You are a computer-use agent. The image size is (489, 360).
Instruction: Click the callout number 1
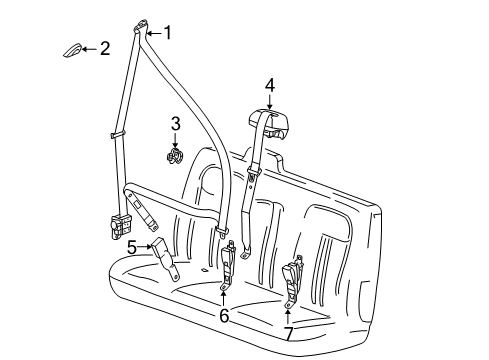point(167,33)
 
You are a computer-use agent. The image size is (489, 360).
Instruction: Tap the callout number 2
point(104,48)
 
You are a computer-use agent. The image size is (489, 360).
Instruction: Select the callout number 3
point(174,123)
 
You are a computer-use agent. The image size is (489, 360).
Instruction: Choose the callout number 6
point(224,316)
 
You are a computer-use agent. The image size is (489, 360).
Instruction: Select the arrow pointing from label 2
point(87,48)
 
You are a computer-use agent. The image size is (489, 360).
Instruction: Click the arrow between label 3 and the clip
point(175,138)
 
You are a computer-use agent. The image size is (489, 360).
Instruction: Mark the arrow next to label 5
point(146,246)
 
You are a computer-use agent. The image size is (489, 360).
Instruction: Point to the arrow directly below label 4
point(269,100)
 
